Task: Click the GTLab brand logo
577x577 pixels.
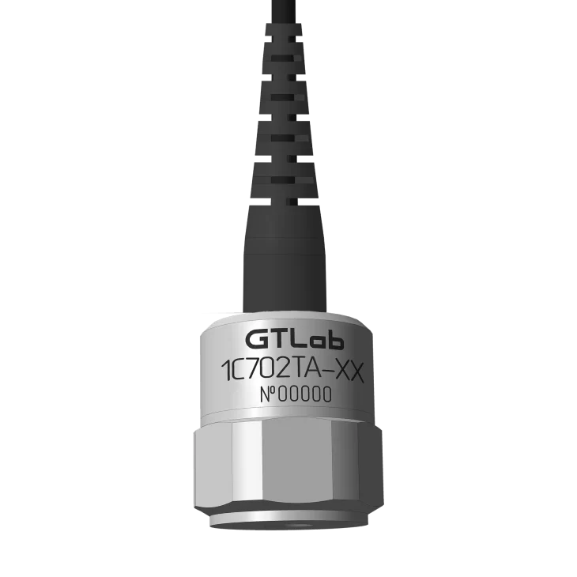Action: coord(294,340)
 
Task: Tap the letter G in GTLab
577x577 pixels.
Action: coord(256,340)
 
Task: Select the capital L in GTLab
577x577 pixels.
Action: coord(300,340)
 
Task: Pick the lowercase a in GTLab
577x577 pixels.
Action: coord(318,342)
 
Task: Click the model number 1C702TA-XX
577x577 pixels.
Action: coord(293,372)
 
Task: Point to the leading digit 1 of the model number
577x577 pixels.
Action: coord(225,371)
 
